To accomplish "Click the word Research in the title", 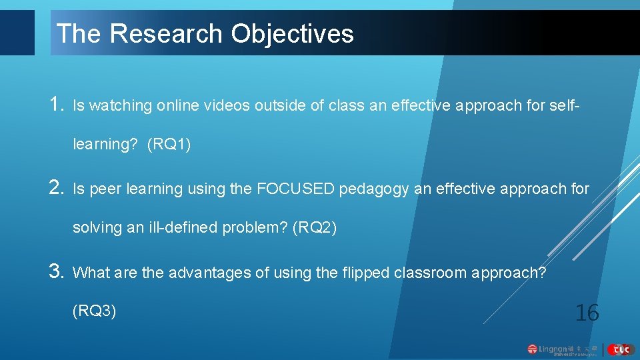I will [169, 33].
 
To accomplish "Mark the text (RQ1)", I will [169, 144].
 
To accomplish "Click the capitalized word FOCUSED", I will [295, 189].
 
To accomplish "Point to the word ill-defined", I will [181, 228].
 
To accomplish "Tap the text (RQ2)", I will [315, 228].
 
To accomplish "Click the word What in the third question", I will [91, 273].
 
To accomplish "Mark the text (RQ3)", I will [95, 311].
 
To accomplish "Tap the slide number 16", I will [587, 312].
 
